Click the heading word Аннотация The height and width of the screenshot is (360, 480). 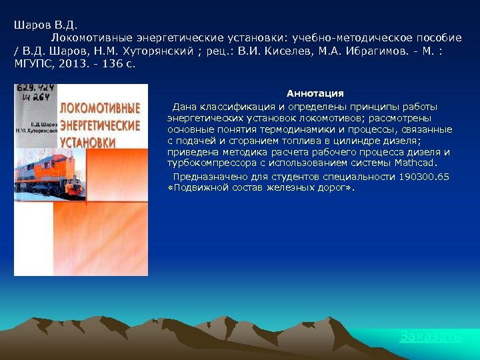[315, 93]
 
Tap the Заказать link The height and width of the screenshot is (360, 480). [430, 337]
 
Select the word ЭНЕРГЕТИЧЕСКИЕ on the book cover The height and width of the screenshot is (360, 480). [101, 125]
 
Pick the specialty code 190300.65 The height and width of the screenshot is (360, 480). [424, 177]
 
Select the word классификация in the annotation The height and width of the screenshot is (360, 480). [232, 107]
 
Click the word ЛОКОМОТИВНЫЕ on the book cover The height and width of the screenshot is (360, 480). [101, 108]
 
